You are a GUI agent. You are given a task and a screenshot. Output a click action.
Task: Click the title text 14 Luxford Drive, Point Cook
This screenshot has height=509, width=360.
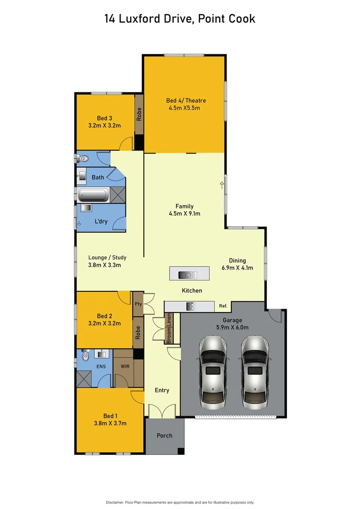180,19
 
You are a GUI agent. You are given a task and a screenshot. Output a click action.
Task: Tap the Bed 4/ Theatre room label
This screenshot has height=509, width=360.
186,100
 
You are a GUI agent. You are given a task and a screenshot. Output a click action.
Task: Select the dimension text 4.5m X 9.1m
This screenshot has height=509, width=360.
184,213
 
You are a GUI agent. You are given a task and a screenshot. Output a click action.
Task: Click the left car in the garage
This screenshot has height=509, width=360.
213,373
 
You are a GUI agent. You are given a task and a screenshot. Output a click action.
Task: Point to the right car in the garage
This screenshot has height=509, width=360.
254,373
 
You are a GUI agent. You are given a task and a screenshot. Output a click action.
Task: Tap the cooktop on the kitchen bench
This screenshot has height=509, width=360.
190,306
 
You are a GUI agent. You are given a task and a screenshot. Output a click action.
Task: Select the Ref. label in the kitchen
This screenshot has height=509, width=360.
223,306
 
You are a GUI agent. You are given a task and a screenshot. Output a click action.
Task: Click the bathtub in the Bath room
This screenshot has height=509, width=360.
93,194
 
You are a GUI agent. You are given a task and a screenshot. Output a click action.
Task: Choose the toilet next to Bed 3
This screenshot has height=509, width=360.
83,159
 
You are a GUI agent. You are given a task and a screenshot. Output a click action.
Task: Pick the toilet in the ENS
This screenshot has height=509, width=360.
85,356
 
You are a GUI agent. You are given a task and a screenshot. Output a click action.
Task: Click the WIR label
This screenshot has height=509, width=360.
124,366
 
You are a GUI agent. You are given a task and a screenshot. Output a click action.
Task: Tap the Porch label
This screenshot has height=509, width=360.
164,435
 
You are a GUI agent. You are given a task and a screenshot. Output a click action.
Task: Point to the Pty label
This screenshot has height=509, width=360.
138,304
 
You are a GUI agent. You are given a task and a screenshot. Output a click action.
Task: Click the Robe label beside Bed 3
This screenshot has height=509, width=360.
139,115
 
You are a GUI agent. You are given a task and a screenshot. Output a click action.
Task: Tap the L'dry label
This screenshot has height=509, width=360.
101,222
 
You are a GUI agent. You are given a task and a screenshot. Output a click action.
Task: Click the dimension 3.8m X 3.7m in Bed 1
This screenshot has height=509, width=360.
109,424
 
